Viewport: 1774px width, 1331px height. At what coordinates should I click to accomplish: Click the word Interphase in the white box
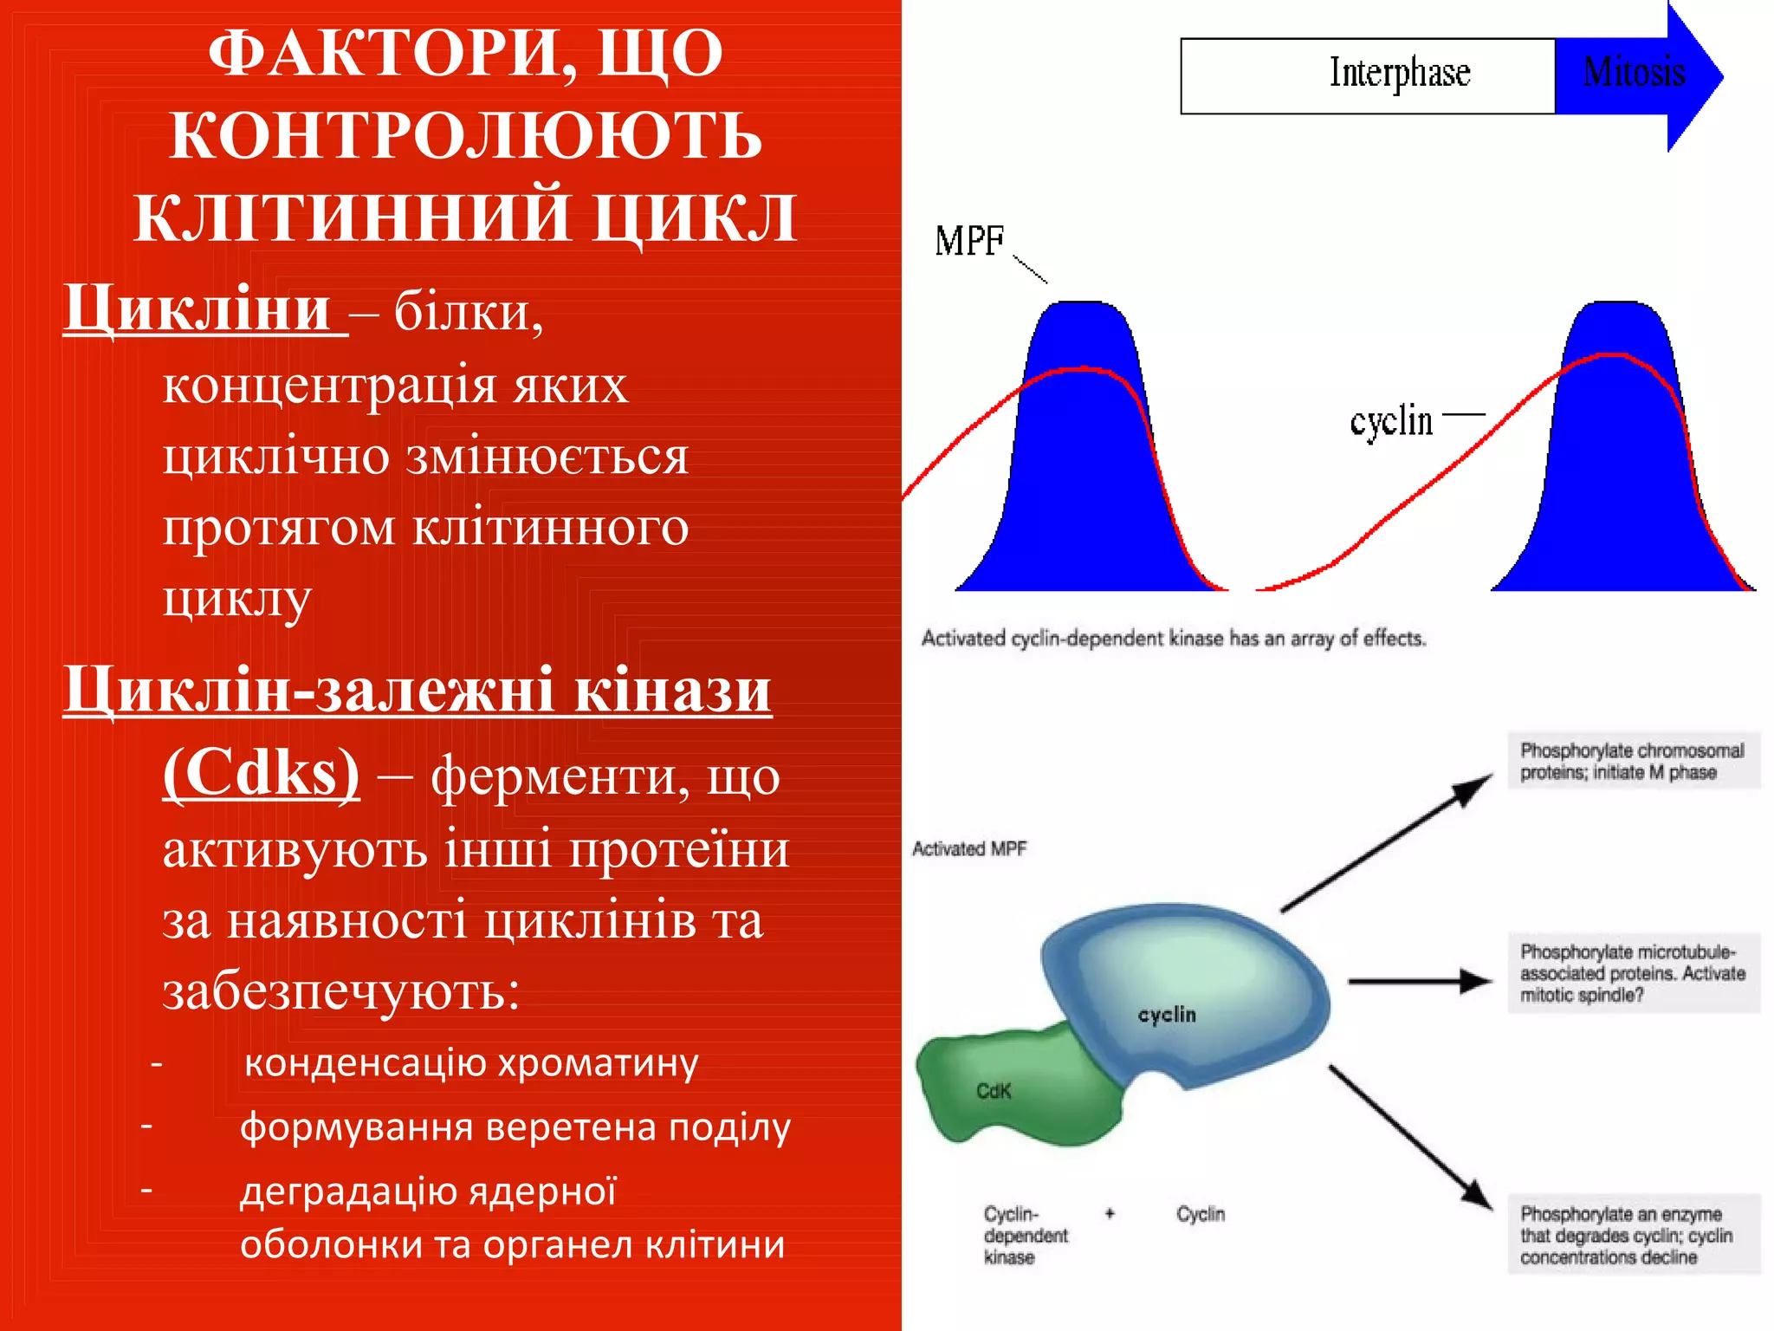[1400, 74]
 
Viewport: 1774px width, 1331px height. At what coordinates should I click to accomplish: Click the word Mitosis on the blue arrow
[1633, 73]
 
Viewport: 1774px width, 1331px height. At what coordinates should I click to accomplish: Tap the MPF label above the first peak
[969, 242]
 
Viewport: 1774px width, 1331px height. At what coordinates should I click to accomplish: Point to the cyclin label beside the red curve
[1391, 422]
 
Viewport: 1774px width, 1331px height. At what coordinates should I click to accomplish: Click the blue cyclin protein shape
[1195, 988]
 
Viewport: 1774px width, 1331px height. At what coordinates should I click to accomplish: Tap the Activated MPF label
[969, 849]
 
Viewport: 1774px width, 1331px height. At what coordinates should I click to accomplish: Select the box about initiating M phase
[1634, 761]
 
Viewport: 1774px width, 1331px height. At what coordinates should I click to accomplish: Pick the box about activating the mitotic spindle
[1634, 973]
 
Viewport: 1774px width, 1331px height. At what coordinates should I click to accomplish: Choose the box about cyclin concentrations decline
[1634, 1235]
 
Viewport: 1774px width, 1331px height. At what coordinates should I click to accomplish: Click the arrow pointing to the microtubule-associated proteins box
[1421, 981]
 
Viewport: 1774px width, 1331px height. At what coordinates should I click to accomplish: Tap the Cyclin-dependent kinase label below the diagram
[1025, 1235]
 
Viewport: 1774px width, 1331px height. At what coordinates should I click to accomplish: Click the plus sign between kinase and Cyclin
[1110, 1213]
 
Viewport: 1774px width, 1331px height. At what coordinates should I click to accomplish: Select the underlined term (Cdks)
[261, 773]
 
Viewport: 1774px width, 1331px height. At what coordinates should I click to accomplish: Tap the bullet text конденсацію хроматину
[471, 1062]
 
